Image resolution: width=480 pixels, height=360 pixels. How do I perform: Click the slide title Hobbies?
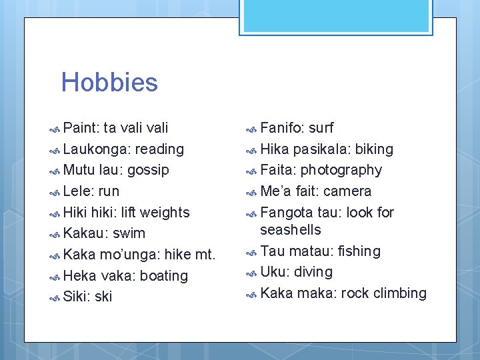[x=109, y=83]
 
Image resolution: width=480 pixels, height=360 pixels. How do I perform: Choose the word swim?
[x=129, y=233]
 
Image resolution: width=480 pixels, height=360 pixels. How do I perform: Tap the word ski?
[x=103, y=297]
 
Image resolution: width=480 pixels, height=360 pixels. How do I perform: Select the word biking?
[x=374, y=149]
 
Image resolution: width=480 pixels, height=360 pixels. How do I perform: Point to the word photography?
[x=341, y=171]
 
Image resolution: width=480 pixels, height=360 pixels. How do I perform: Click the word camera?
[x=347, y=191]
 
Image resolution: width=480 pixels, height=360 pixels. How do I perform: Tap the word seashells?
[x=291, y=230]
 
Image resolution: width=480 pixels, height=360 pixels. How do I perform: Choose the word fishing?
[x=359, y=251]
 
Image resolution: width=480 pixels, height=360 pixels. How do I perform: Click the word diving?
[x=312, y=272]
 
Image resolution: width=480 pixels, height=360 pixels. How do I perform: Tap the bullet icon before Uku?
[x=251, y=273]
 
